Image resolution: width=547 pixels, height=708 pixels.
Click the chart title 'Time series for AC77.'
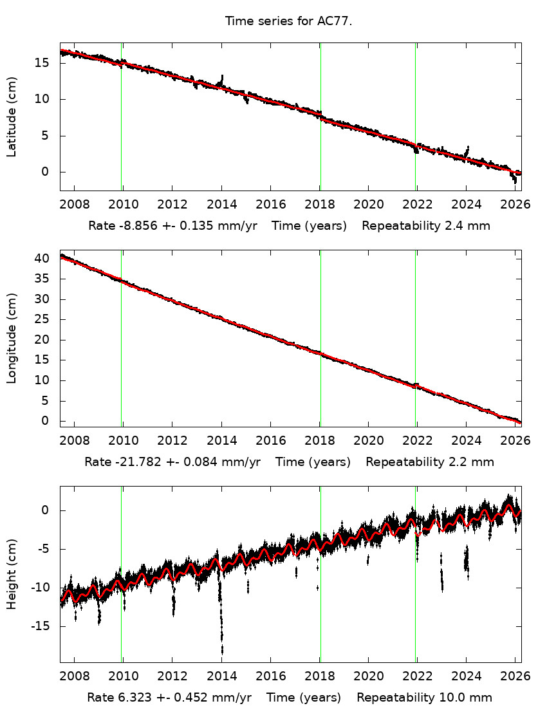pyautogui.click(x=289, y=21)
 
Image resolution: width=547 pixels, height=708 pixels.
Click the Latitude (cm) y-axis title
pyautogui.click(x=12, y=116)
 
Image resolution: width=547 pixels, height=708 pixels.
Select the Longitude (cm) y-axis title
pyautogui.click(x=12, y=338)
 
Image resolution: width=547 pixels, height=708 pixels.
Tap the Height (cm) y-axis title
pyautogui.click(x=12, y=574)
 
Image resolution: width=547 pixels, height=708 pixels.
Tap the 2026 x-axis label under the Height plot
pyautogui.click(x=515, y=678)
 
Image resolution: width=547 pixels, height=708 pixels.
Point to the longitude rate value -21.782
pyautogui.click(x=134, y=462)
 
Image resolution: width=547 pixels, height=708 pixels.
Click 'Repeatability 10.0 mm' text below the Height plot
pyautogui.click(x=424, y=698)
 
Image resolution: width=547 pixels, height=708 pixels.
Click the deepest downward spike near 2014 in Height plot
pyautogui.click(x=222, y=651)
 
